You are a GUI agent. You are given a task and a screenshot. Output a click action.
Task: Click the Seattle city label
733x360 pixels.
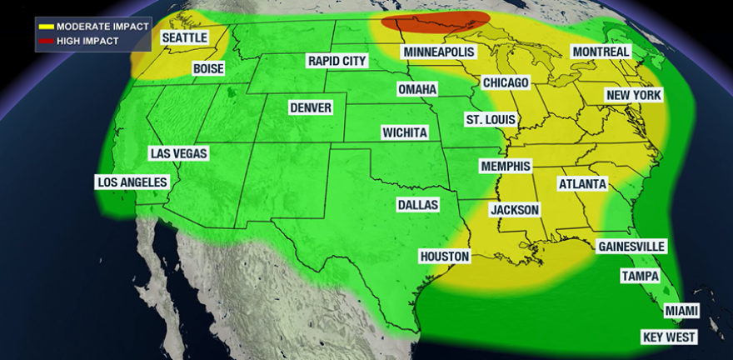[184, 38]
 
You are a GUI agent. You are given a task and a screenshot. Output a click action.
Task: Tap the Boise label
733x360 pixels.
[208, 69]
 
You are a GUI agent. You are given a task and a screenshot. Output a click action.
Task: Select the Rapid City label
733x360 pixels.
[337, 61]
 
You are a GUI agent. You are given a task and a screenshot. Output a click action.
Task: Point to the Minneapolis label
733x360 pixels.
[438, 52]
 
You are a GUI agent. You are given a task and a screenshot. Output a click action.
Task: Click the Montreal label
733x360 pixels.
[601, 52]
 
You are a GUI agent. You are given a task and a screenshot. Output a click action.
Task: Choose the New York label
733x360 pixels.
[634, 96]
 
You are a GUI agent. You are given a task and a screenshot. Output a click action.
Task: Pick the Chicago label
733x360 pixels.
[506, 83]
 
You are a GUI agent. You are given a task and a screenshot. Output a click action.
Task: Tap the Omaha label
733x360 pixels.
[417, 89]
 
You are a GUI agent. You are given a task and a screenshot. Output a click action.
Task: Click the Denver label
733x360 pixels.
[311, 108]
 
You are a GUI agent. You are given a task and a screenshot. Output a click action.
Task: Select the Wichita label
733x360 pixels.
[405, 132]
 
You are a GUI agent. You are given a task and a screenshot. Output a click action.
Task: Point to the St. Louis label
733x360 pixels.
[491, 120]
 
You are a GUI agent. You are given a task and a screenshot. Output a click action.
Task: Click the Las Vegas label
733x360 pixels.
[178, 153]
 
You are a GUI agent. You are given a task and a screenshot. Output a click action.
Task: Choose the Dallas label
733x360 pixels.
[417, 205]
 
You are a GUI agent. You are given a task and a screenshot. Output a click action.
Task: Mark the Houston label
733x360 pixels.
[445, 257]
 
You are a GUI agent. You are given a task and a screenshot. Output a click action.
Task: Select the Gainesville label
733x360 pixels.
[631, 247]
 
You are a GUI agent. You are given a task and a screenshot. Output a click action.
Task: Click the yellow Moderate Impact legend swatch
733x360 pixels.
[46, 26]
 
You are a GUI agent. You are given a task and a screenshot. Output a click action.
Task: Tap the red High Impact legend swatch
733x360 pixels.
[46, 40]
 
